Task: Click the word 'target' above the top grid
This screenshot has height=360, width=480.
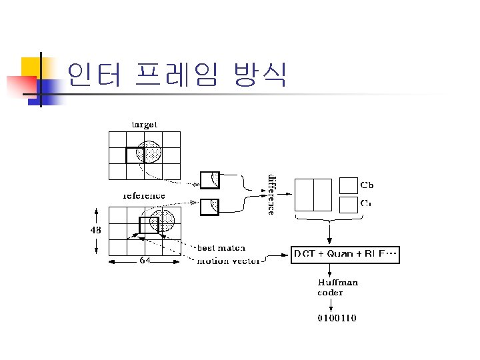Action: point(144,124)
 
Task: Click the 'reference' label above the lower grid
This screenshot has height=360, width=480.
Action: point(144,196)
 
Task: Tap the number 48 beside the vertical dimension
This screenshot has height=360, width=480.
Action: point(97,230)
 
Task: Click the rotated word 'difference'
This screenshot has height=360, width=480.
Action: point(271,194)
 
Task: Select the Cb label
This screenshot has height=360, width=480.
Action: point(367,184)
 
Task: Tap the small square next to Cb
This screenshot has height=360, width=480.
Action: point(348,185)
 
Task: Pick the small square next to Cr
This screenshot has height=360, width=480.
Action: point(348,203)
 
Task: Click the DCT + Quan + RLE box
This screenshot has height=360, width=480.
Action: point(345,254)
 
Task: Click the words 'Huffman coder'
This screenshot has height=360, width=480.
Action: point(337,287)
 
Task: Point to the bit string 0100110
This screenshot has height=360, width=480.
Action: point(337,318)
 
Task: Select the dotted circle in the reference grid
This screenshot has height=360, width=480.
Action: point(164,219)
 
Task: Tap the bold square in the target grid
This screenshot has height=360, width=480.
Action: point(135,155)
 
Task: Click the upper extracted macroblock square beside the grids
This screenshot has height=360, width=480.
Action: point(210,179)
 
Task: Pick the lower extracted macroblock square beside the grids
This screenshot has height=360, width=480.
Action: point(210,207)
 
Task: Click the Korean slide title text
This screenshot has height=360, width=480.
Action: point(177,75)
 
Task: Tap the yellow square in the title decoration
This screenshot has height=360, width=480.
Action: point(32,67)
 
